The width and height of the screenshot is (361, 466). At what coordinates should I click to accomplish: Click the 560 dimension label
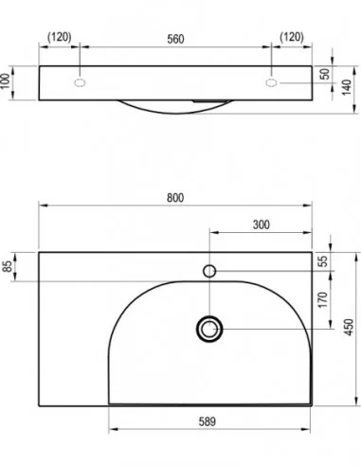point(175,39)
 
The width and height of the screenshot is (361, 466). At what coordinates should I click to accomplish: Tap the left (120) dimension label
point(60,37)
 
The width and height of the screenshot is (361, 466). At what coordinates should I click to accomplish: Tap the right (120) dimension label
point(292,37)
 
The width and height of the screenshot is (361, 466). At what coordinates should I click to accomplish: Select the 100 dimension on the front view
point(6,81)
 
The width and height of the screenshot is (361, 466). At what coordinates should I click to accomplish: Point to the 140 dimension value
point(347,87)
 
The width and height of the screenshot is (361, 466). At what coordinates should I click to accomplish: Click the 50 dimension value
point(325,74)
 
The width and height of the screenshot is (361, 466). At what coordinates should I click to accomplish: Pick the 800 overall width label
point(175,198)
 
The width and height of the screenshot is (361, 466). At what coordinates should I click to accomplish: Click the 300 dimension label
point(262,224)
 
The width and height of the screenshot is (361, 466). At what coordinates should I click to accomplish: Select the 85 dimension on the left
point(8,266)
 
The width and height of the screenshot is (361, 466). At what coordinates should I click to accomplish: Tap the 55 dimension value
point(323,261)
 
